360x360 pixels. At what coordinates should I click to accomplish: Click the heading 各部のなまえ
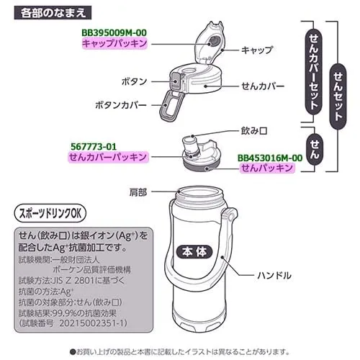53,12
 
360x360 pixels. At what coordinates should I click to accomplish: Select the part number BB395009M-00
114,33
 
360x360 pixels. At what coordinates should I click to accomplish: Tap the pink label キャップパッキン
114,44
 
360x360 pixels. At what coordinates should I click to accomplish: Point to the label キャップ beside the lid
257,50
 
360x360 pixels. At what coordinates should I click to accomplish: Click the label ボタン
134,81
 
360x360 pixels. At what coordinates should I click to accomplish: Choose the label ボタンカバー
121,105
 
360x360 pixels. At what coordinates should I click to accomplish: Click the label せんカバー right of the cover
263,86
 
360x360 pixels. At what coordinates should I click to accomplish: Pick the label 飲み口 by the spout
254,131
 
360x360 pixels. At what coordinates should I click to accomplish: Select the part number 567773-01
94,146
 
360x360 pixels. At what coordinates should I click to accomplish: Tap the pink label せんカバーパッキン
108,157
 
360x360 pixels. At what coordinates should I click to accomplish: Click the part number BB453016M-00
270,158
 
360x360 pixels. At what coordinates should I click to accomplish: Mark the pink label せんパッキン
267,168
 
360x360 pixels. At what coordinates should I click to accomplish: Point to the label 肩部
138,192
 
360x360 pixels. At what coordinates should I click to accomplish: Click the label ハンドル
274,275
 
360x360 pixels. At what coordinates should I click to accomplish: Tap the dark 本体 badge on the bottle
194,252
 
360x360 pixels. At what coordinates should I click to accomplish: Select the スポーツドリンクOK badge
50,213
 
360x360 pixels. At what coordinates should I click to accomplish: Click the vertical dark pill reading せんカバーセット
313,72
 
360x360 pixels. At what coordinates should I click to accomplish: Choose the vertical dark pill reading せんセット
338,96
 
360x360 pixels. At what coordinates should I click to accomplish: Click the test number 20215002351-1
93,323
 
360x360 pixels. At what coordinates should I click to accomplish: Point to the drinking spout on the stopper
190,144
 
